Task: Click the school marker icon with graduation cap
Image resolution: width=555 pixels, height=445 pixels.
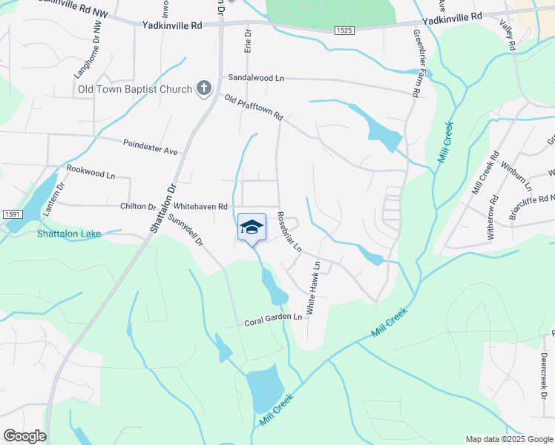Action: (x=252, y=227)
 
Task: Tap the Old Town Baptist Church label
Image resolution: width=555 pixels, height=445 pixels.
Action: (x=135, y=90)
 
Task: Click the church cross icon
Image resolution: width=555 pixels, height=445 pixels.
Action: (x=203, y=90)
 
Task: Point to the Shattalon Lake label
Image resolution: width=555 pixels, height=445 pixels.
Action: (x=69, y=234)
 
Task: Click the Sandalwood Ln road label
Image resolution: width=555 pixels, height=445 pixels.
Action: (x=256, y=77)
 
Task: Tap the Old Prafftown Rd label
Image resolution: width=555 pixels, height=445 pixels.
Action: (x=254, y=108)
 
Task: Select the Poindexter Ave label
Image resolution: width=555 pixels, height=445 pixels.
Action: (x=151, y=147)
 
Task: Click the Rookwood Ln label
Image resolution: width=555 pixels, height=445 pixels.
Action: (x=91, y=172)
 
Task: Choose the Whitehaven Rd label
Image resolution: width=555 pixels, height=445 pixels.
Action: (x=200, y=207)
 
